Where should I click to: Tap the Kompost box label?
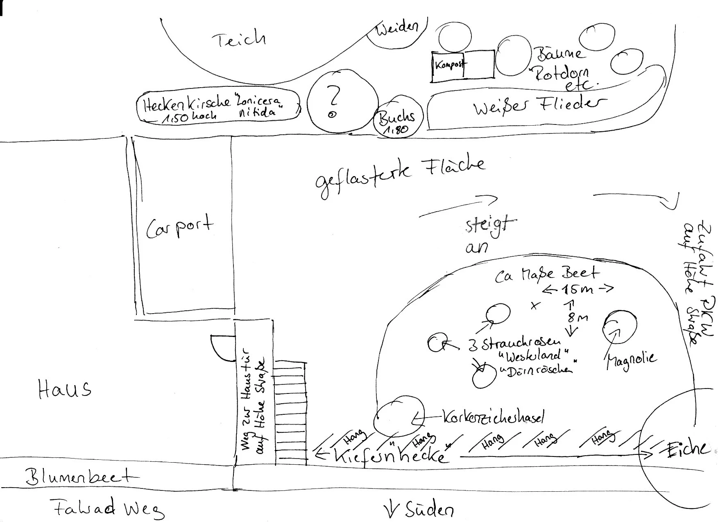[x=450, y=65]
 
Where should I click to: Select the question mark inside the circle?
[x=334, y=97]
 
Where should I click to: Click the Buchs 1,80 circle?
[x=396, y=119]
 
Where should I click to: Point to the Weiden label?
[x=396, y=28]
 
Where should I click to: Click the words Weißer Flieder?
[x=540, y=106]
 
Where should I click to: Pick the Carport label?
[x=180, y=226]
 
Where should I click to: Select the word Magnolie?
[x=631, y=360]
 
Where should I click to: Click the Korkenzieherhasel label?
[x=493, y=418]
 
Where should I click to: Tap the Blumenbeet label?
[x=81, y=477]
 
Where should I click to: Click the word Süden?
[x=429, y=510]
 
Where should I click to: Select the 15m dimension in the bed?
[x=578, y=289]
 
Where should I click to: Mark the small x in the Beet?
[x=534, y=305]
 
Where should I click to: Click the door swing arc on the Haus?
[x=221, y=348]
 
